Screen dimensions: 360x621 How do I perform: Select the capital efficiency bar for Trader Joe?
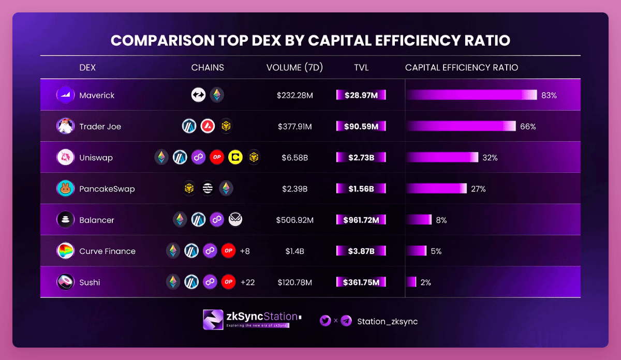461,126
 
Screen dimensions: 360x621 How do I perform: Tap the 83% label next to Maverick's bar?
549,95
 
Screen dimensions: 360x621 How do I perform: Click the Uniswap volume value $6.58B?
295,158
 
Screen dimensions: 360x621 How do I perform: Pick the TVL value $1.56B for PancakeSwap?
361,189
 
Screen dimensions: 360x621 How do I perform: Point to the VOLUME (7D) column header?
294,68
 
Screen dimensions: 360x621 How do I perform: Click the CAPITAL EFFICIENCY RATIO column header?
462,68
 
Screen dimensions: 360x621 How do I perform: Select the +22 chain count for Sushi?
247,282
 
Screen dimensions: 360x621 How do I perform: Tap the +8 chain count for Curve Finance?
245,251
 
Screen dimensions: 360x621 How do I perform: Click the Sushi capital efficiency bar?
411,282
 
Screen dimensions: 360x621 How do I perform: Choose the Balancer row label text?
97,220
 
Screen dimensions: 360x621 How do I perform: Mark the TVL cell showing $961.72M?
361,220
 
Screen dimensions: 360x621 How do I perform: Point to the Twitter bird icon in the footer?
326,321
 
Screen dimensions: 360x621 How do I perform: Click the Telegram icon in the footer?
346,321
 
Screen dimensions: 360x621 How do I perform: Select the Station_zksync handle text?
387,321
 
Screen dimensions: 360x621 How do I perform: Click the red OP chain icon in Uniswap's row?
217,157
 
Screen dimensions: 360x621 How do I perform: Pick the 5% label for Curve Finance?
436,251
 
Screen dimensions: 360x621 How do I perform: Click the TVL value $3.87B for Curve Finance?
361,251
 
